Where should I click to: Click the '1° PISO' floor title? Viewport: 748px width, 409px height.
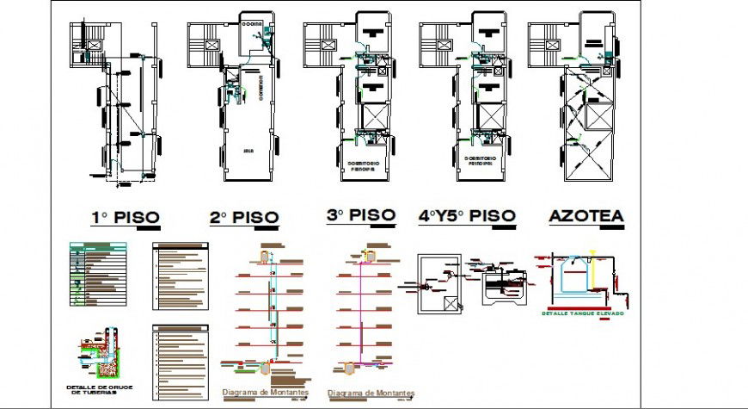125,217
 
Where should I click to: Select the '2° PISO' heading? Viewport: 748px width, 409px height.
244,217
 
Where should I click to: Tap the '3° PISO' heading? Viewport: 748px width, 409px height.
360,214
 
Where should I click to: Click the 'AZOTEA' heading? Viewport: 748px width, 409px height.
586,216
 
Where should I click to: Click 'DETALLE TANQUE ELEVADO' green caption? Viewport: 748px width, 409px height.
583,313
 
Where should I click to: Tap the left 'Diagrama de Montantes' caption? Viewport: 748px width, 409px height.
255,394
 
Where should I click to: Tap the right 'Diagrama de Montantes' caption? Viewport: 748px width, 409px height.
363,394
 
